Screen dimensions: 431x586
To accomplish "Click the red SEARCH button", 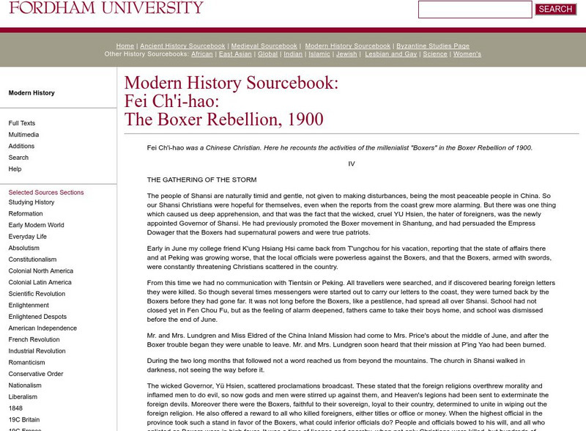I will point(555,10).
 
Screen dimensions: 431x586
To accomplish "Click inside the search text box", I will point(475,10).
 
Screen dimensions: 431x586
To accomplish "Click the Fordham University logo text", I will point(106,8).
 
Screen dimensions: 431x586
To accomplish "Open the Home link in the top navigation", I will point(125,46).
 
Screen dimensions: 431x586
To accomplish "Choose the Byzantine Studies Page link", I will point(433,46).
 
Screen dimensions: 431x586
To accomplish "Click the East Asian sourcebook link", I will point(235,54).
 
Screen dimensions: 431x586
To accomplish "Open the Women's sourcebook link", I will point(467,54).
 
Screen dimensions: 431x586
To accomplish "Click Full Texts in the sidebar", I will point(22,123).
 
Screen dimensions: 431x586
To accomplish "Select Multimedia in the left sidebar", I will point(23,135).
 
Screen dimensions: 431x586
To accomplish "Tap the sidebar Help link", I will point(15,169).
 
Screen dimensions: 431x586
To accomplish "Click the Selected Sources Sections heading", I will point(46,193).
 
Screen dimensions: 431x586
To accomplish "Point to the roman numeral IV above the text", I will point(352,163).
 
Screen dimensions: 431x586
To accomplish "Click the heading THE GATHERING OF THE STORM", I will point(201,180).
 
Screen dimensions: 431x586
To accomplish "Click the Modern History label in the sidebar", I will point(31,93).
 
